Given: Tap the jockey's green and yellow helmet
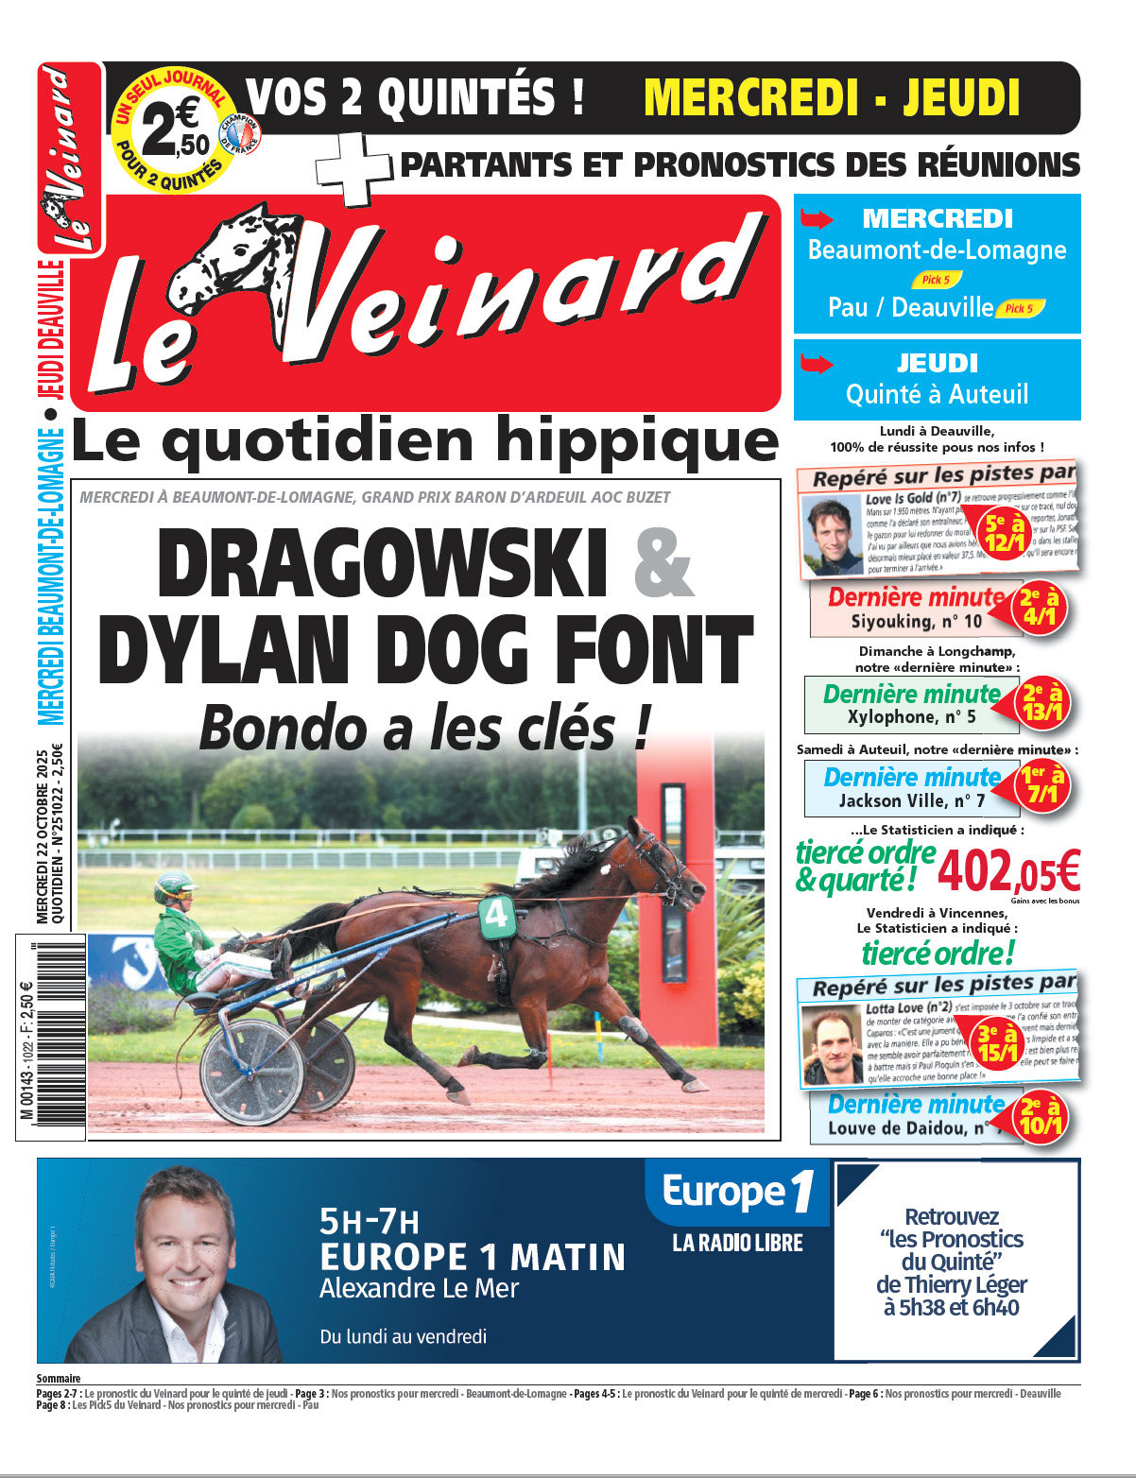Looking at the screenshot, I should [174, 888].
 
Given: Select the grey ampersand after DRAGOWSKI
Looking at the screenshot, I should [663, 563].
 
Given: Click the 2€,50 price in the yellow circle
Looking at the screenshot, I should [175, 131].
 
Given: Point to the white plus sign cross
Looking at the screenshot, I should [353, 168].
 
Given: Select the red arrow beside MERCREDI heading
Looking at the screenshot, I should [817, 220].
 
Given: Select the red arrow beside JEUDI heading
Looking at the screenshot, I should [817, 364].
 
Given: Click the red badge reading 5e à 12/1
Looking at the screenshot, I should [1005, 532].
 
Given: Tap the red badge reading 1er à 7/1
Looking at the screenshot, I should [1042, 785].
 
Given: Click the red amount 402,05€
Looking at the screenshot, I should [1007, 871].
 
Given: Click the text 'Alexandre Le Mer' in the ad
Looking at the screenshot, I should [420, 1288].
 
